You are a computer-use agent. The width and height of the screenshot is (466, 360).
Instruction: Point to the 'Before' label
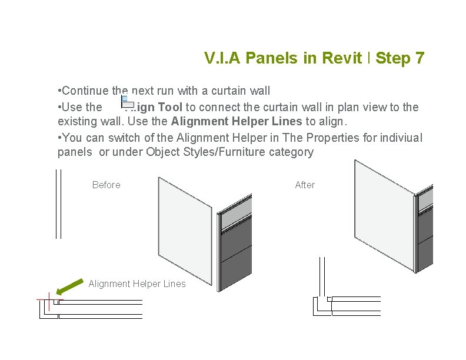tap(106, 185)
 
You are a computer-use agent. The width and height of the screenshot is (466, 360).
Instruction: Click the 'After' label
tap(305, 185)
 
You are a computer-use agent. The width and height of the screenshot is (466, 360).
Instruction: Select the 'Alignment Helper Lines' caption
tap(137, 284)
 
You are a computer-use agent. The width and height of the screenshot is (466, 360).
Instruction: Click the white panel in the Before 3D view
tap(184, 229)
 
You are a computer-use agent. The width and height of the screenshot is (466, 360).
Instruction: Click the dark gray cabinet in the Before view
tap(234, 247)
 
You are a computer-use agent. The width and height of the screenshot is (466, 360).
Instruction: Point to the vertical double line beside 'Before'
tap(58, 204)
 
